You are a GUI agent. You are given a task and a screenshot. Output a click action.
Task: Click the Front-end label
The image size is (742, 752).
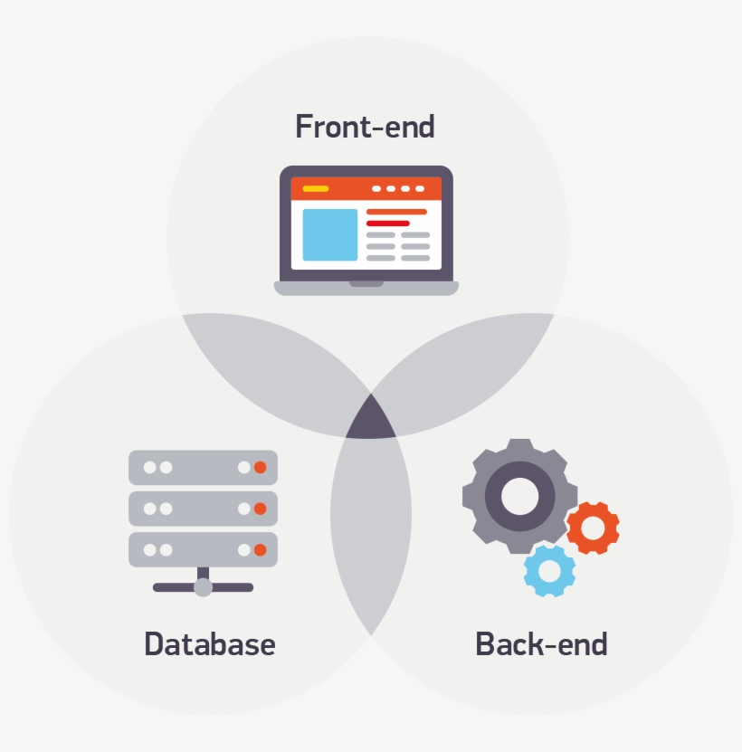pos(365,127)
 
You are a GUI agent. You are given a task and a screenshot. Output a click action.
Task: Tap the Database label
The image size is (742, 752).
pos(209,644)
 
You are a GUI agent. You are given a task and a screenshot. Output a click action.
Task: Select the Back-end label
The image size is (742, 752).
pos(541,644)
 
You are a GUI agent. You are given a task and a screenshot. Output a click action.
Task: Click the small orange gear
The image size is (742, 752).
pos(594,528)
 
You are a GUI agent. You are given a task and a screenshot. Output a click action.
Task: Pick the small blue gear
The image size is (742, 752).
pos(549,570)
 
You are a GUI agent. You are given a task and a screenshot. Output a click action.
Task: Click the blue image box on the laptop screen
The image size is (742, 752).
pos(329,234)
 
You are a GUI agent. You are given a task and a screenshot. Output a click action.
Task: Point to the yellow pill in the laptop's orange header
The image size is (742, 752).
pos(315,189)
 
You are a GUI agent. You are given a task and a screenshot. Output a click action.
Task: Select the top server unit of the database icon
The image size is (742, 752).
pos(203,468)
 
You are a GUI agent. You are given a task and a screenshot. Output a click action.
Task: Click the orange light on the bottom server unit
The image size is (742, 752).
pos(260,549)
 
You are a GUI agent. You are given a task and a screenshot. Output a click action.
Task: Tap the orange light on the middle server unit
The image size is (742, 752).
pos(260,509)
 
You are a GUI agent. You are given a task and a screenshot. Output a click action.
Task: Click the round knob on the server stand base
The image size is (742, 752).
pos(203,587)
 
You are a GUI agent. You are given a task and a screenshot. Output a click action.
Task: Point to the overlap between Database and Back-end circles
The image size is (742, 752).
pos(370,534)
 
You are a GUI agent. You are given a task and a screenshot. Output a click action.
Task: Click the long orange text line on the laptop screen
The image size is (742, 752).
pos(396,212)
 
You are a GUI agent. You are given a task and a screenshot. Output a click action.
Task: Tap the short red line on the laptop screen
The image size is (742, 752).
pos(387,223)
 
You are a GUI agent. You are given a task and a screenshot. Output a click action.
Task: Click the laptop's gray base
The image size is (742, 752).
pos(366,289)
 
